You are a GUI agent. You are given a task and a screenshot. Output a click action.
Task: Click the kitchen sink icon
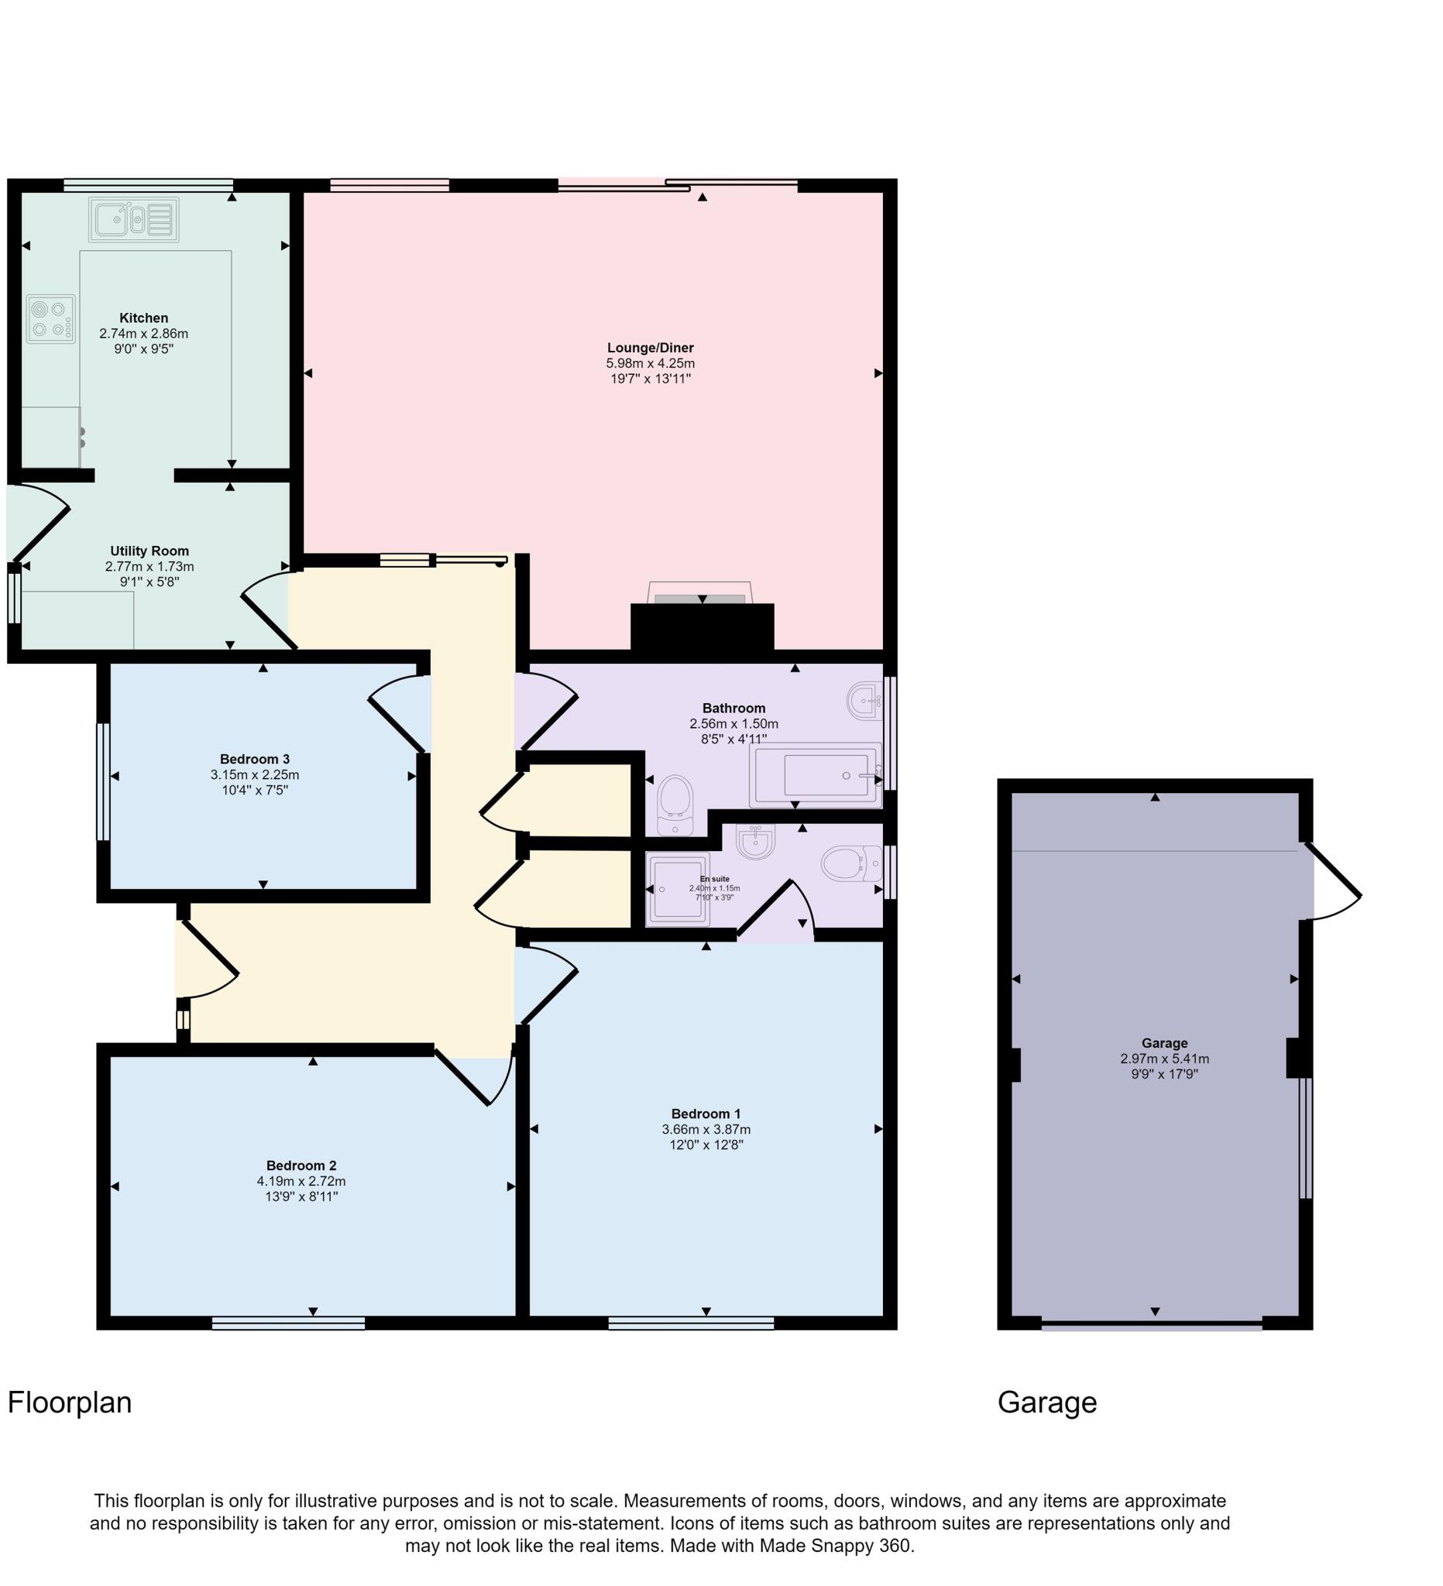pyautogui.click(x=133, y=219)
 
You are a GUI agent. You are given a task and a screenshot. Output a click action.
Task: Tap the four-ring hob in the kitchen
pyautogui.click(x=50, y=318)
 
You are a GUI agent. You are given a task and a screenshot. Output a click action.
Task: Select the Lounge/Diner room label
pyautogui.click(x=650, y=348)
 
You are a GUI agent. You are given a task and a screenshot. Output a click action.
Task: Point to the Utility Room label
pyautogui.click(x=149, y=551)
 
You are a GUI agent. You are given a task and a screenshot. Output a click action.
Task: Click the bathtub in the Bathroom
pyautogui.click(x=816, y=775)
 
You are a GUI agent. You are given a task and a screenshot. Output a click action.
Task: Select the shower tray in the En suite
pyautogui.click(x=677, y=888)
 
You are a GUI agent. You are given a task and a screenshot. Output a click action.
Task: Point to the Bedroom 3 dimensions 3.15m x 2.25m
pyautogui.click(x=254, y=774)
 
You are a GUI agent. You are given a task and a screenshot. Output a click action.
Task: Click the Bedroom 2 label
pyautogui.click(x=301, y=1165)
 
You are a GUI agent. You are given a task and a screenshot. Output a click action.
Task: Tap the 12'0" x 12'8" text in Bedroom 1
pyautogui.click(x=706, y=1145)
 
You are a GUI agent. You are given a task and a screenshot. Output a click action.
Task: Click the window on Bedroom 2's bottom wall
pyautogui.click(x=288, y=1324)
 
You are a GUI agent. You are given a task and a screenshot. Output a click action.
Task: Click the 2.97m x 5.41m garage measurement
pyautogui.click(x=1163, y=1059)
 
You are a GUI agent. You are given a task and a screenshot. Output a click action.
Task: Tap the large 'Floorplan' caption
pyautogui.click(x=69, y=1402)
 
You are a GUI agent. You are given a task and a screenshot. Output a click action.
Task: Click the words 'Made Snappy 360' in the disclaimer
pyautogui.click(x=835, y=1546)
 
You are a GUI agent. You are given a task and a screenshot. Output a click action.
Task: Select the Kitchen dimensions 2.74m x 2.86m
pyautogui.click(x=143, y=334)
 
